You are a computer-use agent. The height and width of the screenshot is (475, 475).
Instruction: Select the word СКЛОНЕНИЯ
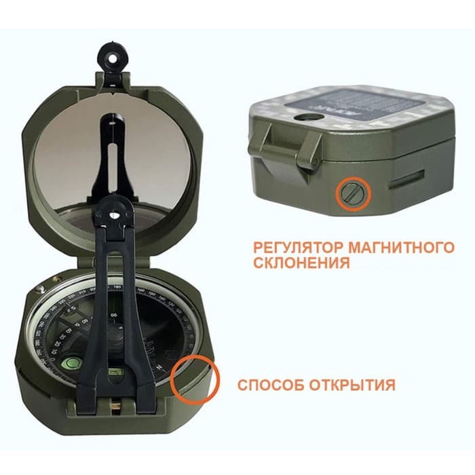click(299, 262)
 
